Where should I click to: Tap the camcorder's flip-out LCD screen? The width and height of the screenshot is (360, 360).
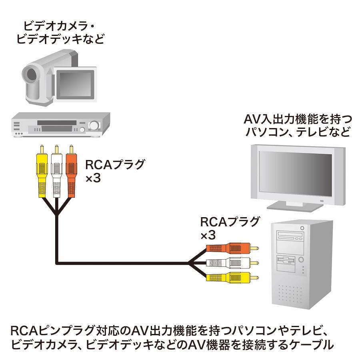tap(76, 84)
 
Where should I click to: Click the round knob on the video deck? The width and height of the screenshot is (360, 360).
tap(94, 126)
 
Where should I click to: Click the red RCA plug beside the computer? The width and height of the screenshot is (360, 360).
tap(232, 248)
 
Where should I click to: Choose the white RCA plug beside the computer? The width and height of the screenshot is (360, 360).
tap(232, 263)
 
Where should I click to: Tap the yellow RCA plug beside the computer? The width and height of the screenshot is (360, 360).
tap(232, 277)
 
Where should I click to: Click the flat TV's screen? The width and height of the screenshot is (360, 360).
tap(296, 174)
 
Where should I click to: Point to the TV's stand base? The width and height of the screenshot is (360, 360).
tap(295, 206)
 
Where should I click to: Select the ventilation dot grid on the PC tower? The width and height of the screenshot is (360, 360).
tap(290, 294)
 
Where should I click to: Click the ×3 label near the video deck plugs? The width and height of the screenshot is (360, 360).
tap(93, 178)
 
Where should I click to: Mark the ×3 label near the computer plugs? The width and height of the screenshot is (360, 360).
tap(208, 235)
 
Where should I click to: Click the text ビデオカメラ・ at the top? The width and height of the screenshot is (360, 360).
tap(59, 26)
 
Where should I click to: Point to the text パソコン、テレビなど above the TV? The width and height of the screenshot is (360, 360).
tap(298, 132)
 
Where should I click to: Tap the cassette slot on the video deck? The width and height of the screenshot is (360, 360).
tap(56, 123)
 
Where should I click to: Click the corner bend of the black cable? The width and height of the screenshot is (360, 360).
tap(57, 263)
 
